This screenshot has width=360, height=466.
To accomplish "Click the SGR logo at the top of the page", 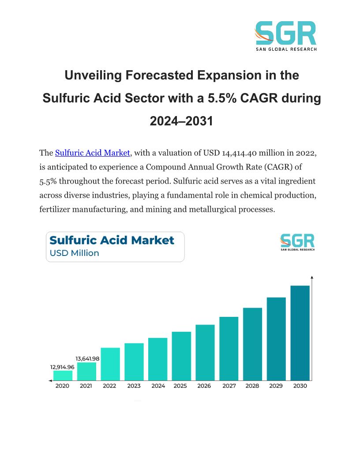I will click(x=285, y=35).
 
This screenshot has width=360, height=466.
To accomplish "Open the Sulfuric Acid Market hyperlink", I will click(x=92, y=153).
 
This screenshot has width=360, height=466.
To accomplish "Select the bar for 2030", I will click(x=300, y=333).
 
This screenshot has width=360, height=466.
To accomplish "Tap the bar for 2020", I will click(x=63, y=375).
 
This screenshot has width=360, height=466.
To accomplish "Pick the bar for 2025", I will click(x=181, y=356).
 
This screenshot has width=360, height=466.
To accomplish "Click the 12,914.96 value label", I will click(x=62, y=367).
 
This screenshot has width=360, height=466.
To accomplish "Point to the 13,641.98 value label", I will click(x=87, y=359).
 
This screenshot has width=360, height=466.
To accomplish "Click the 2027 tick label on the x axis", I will click(x=229, y=386).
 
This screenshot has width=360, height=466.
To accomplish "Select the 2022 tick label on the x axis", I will click(x=109, y=386).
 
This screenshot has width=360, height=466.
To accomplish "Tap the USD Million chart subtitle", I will click(x=75, y=253).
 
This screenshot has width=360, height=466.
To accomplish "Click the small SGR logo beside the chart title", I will click(x=297, y=242).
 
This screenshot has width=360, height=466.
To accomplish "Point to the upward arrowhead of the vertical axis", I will click(x=312, y=278).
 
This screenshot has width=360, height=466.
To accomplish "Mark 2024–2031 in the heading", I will click(x=181, y=120).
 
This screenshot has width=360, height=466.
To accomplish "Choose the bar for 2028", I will click(x=252, y=344).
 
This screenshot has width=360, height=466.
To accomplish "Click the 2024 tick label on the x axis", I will click(x=158, y=386).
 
